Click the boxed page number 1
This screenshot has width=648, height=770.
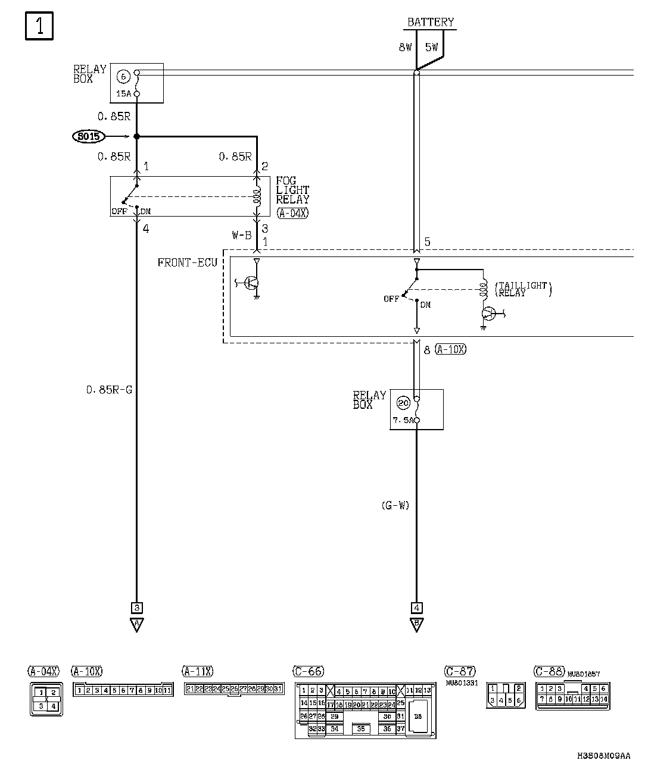pyautogui.click(x=39, y=27)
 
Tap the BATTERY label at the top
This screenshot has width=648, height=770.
pyautogui.click(x=430, y=23)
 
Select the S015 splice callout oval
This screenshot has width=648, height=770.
pyautogui.click(x=88, y=137)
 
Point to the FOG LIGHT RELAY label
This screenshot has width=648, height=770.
pyautogui.click(x=292, y=190)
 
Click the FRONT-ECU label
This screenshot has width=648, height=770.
pyautogui.click(x=187, y=262)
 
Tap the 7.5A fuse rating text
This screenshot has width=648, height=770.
pyautogui.click(x=402, y=420)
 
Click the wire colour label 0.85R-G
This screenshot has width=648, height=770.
pyautogui.click(x=109, y=390)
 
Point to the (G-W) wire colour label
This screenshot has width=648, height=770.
pyautogui.click(x=395, y=506)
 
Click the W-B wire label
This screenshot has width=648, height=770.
pyautogui.click(x=242, y=235)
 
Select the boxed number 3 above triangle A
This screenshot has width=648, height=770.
pyautogui.click(x=137, y=608)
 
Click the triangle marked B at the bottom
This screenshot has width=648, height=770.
pyautogui.click(x=416, y=625)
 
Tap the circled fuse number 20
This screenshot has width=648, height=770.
pyautogui.click(x=403, y=403)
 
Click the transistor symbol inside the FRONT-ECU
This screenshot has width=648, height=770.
pyautogui.click(x=252, y=283)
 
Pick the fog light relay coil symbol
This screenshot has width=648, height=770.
pyautogui.click(x=257, y=196)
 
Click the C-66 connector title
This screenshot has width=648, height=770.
pyautogui.click(x=309, y=672)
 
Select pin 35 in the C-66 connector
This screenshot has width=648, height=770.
pyautogui.click(x=361, y=728)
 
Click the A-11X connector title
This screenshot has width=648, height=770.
pyautogui.click(x=197, y=672)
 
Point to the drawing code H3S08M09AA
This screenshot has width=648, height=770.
pyautogui.click(x=603, y=756)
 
